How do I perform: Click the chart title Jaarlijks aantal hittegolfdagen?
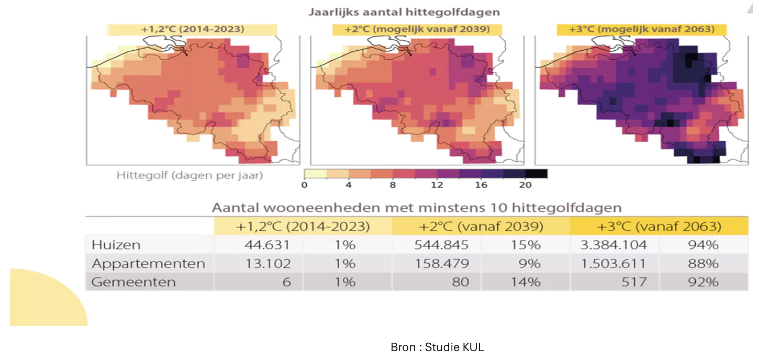(404, 12)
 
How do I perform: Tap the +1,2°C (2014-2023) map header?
(192, 29)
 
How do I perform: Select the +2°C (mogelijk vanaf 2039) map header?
(417, 29)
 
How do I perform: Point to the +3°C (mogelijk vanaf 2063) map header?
(642, 29)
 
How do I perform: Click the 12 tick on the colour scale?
(437, 185)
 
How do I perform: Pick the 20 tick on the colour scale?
(525, 185)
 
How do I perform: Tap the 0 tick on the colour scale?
(305, 185)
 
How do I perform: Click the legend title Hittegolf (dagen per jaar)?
(190, 176)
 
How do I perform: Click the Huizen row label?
(116, 245)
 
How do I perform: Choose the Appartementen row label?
(148, 264)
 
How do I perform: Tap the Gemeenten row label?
(133, 282)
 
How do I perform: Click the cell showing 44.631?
(268, 245)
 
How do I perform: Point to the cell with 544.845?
(441, 245)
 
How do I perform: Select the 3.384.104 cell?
(614, 245)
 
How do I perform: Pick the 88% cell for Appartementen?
(703, 263)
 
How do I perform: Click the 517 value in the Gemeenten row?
(634, 282)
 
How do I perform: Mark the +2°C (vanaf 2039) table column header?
(481, 226)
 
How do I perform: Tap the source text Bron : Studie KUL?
(437, 347)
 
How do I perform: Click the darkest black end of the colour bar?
(537, 174)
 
